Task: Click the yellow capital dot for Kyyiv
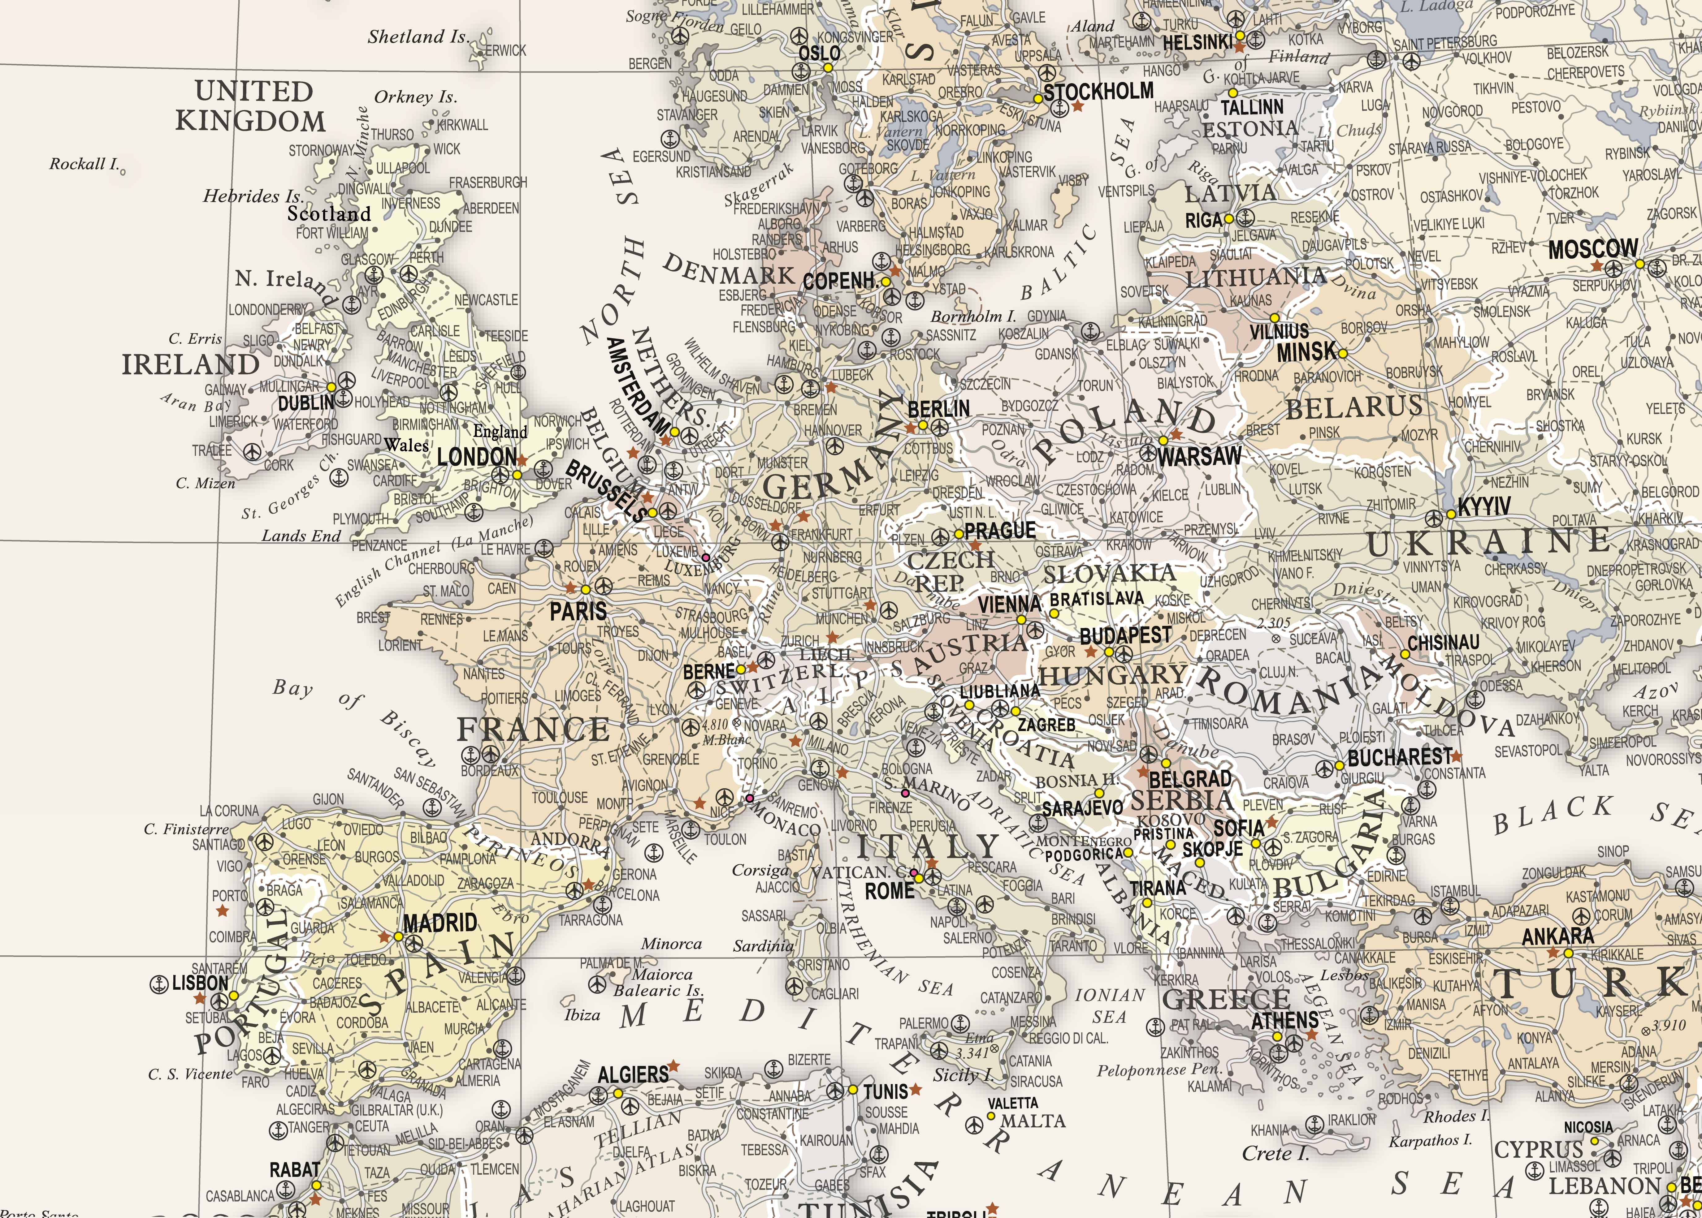(x=1451, y=514)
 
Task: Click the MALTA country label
(x=1033, y=1121)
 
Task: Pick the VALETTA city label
(x=1013, y=1103)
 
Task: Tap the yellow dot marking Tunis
(x=853, y=1090)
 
